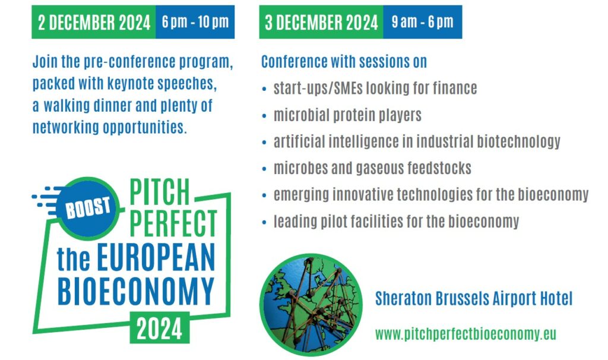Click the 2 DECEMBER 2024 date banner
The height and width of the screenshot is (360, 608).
(93, 22)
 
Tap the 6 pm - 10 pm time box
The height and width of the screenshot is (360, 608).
(195, 22)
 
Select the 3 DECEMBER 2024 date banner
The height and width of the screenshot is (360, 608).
(321, 22)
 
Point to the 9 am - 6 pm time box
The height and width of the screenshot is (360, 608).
(423, 22)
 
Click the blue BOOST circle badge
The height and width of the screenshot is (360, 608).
(88, 208)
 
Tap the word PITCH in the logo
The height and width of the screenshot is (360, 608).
(160, 192)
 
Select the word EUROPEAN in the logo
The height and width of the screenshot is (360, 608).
(156, 258)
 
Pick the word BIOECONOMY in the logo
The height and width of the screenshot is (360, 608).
(136, 290)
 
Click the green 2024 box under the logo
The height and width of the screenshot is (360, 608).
(159, 328)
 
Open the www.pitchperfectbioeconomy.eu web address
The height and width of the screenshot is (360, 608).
(465, 334)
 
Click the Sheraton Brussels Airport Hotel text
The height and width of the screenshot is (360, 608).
(474, 299)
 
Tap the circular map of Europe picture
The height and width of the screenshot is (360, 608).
(311, 305)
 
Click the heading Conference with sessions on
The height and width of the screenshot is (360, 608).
(344, 62)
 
